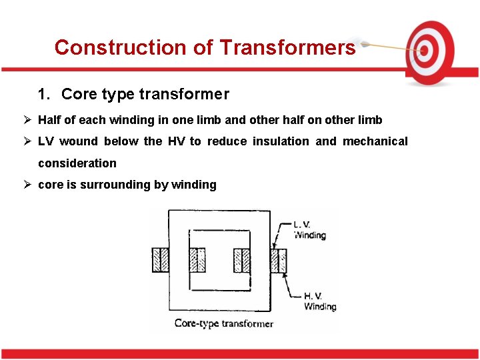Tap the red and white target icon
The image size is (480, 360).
click(x=431, y=51)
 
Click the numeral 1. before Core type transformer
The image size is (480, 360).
click(x=44, y=95)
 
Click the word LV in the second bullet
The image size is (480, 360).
click(x=46, y=141)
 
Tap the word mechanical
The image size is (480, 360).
click(x=375, y=141)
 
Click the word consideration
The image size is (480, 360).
click(x=77, y=163)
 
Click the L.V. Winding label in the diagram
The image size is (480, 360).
click(x=309, y=230)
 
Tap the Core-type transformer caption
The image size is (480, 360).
click(x=223, y=324)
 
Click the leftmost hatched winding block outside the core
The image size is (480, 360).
click(x=161, y=260)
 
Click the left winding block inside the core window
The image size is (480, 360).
click(x=197, y=260)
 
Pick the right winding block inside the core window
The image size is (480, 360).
click(x=241, y=260)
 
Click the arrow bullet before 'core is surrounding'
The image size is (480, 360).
click(x=27, y=185)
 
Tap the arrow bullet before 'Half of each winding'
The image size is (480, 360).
click(x=27, y=120)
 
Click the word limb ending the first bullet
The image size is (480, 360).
click(x=370, y=120)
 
